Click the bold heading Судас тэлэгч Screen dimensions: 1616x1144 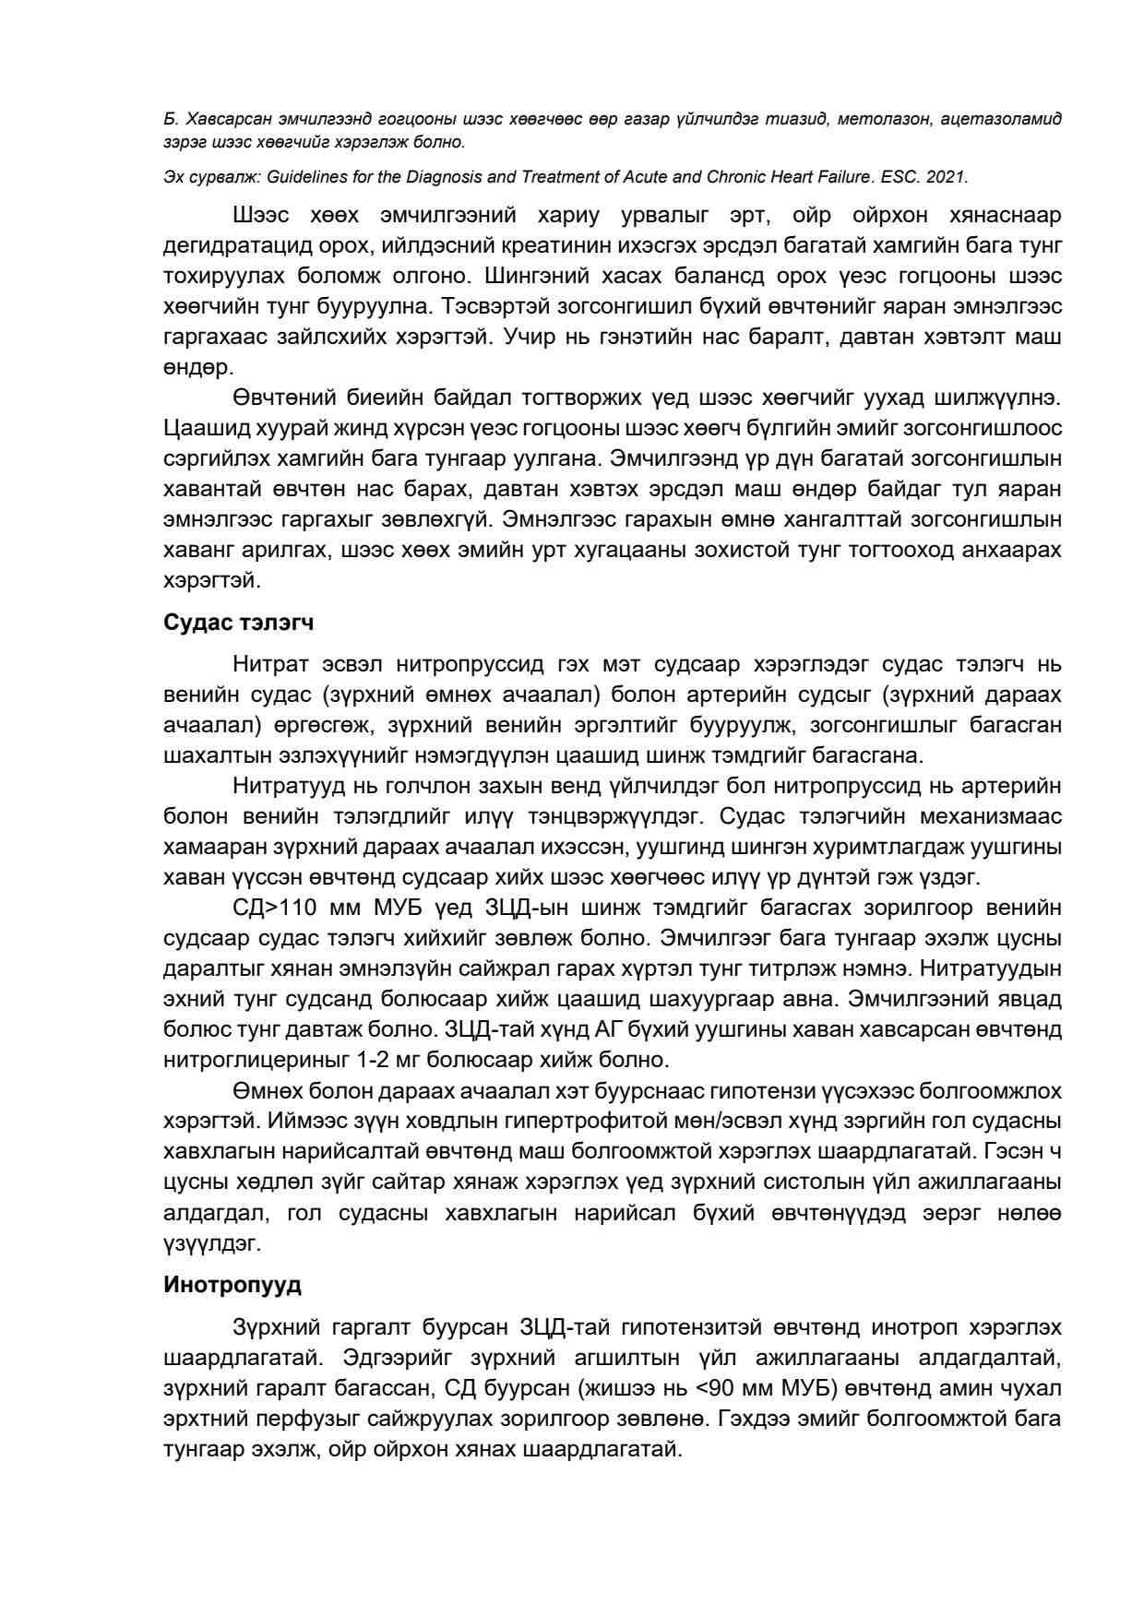(238, 623)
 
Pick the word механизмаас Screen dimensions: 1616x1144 (974, 817)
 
